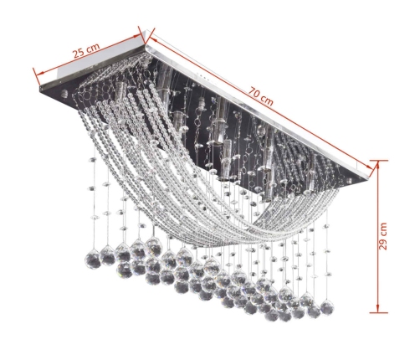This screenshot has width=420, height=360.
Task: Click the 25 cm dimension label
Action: (86, 50)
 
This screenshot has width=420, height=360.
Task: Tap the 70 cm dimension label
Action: (261, 97)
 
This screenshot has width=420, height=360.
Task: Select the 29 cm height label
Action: (383, 236)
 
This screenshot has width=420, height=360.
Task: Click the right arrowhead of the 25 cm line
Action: (139, 36)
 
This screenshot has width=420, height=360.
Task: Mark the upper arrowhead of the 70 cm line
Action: (154, 39)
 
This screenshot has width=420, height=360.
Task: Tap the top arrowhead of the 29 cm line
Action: (378, 165)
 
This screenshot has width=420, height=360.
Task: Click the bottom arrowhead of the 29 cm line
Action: (378, 308)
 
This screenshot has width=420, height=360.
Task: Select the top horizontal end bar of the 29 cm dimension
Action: (378, 161)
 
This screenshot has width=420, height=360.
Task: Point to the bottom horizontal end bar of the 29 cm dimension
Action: (378, 312)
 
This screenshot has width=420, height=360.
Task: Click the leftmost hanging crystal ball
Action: (92, 260)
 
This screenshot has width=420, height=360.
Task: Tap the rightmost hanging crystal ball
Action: (327, 306)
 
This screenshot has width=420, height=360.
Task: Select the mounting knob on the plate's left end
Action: (64, 92)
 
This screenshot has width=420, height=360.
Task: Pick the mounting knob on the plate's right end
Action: (350, 181)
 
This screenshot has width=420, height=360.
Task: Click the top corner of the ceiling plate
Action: (146, 44)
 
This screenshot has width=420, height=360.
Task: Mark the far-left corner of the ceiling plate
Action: (40, 88)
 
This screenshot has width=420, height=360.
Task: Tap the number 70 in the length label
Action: (255, 93)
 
